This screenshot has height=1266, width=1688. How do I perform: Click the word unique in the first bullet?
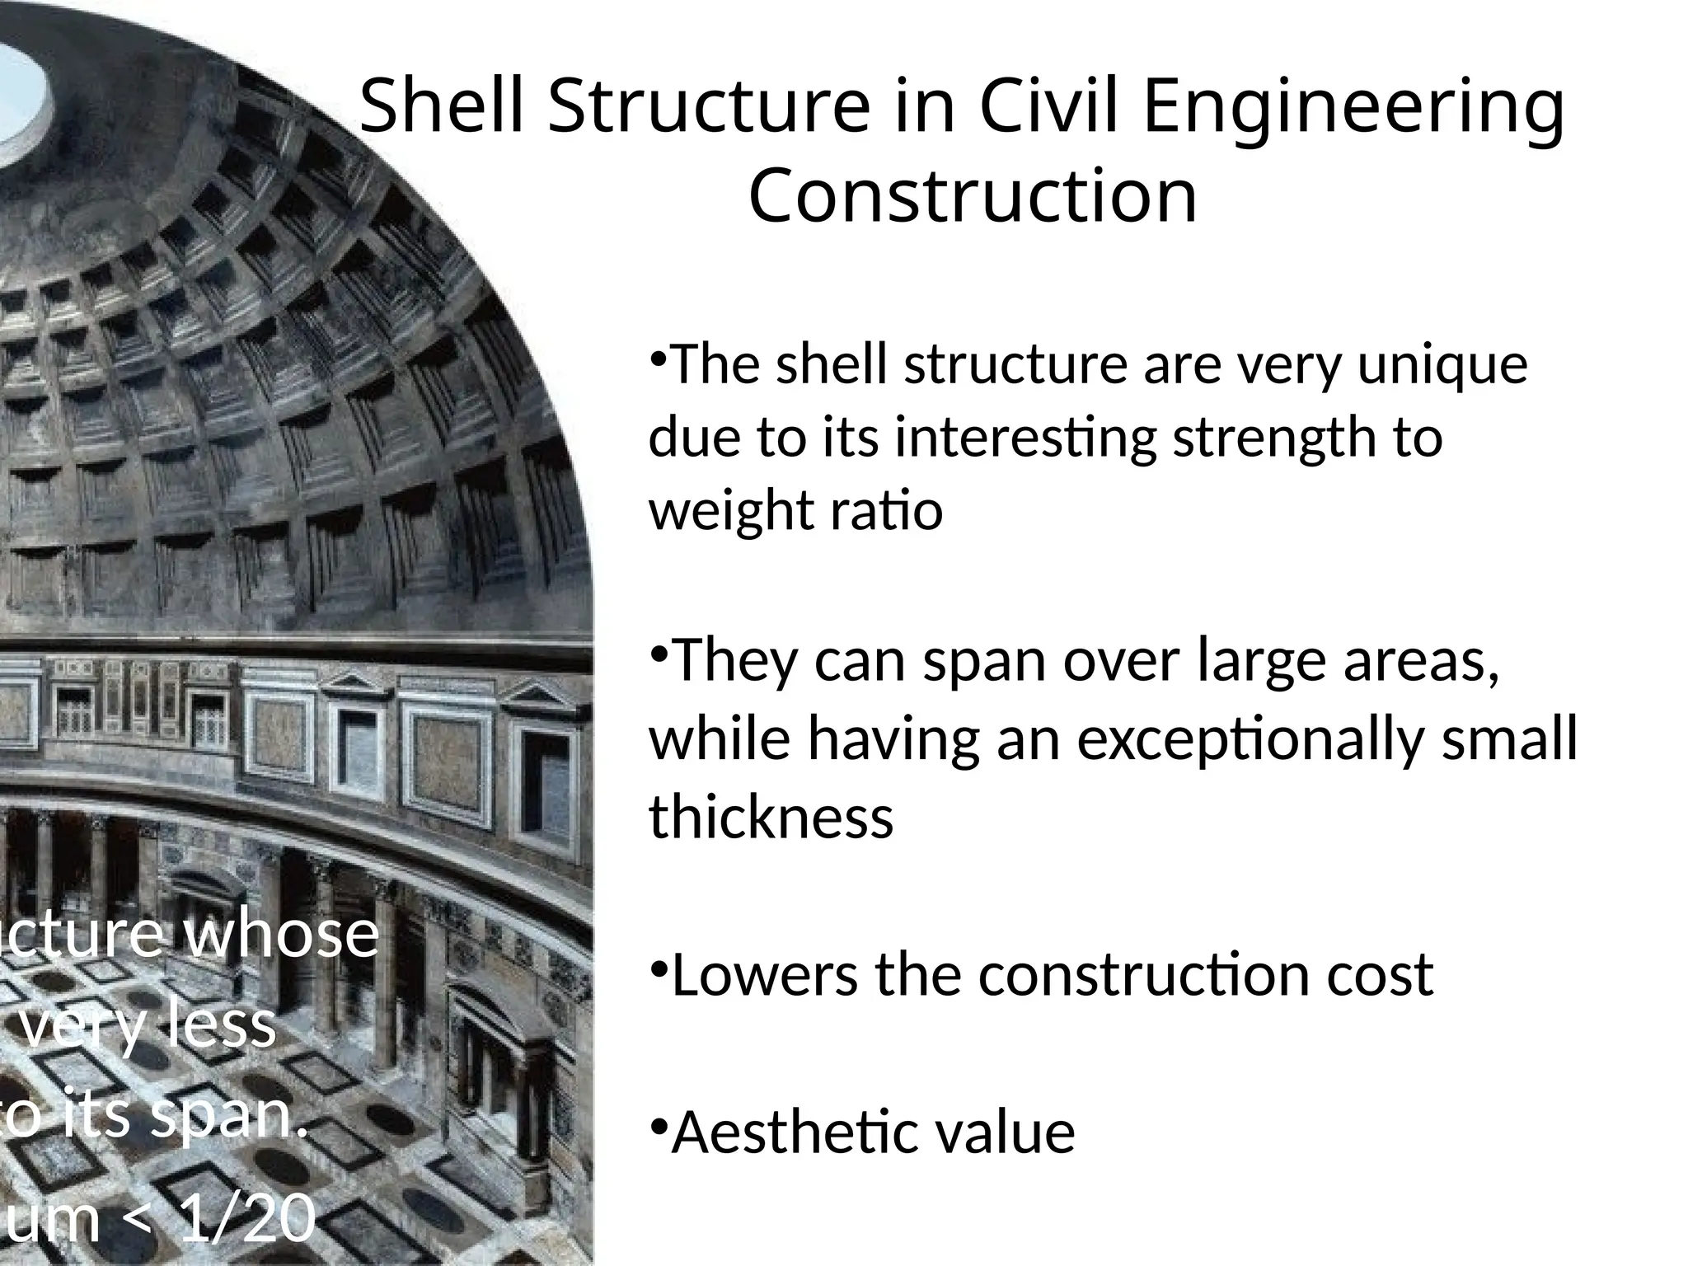click(x=1442, y=367)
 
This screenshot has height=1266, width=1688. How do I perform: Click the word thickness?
click(x=771, y=818)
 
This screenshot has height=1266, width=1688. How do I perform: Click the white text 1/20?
click(x=247, y=1220)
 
